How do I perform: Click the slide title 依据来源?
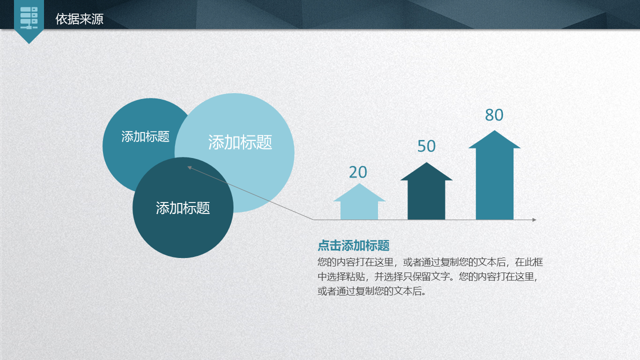tap(79, 19)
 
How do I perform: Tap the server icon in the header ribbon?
tap(29, 17)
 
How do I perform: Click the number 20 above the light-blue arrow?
tap(358, 172)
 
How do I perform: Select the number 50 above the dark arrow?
tap(426, 146)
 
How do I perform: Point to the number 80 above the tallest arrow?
tap(494, 115)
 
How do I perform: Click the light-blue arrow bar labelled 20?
tap(359, 201)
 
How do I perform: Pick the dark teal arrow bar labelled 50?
tap(426, 191)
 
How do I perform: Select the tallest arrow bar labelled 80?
tap(494, 175)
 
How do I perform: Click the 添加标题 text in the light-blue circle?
tap(240, 142)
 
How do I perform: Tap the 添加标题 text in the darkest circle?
tap(183, 208)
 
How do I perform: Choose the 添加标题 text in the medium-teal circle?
tap(145, 136)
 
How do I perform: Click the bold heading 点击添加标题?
tap(353, 245)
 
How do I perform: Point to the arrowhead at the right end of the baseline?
tap(534, 219)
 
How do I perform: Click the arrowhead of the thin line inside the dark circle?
tap(189, 167)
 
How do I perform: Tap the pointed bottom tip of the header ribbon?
tap(29, 43)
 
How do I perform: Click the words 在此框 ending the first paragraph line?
tap(528, 262)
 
